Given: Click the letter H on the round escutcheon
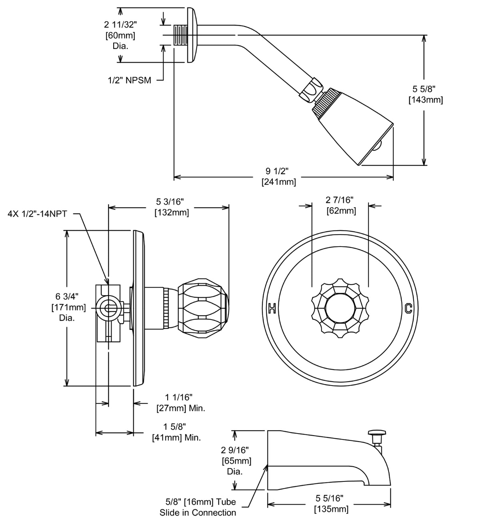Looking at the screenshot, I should point(272,308).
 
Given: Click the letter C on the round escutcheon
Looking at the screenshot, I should point(408,308).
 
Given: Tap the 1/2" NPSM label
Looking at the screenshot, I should point(130,80).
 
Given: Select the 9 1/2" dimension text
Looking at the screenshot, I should point(277,171).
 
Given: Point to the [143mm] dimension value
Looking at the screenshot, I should point(426,100).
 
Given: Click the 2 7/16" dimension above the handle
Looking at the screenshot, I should point(340,199).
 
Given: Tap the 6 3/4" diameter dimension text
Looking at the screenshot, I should point(67,296).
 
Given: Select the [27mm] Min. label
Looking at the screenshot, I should point(180,408).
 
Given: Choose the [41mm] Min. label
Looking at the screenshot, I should point(176,437).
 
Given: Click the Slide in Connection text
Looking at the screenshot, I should point(198,513).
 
